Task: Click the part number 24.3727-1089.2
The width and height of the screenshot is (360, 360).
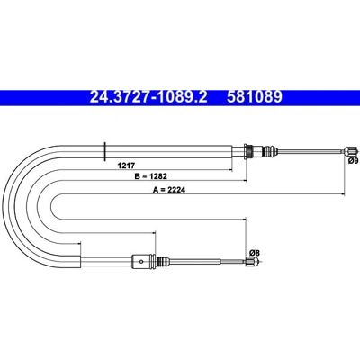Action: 148,97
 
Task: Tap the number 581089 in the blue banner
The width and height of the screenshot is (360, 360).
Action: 255,97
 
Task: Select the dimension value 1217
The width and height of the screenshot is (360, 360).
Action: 127,165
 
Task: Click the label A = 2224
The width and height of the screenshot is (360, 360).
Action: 169,190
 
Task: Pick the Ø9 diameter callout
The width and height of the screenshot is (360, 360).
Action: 353,161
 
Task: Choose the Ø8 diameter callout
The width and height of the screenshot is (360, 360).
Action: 254,252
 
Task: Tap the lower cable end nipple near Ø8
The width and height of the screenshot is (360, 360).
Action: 252,262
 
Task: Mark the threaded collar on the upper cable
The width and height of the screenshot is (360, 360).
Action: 248,151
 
